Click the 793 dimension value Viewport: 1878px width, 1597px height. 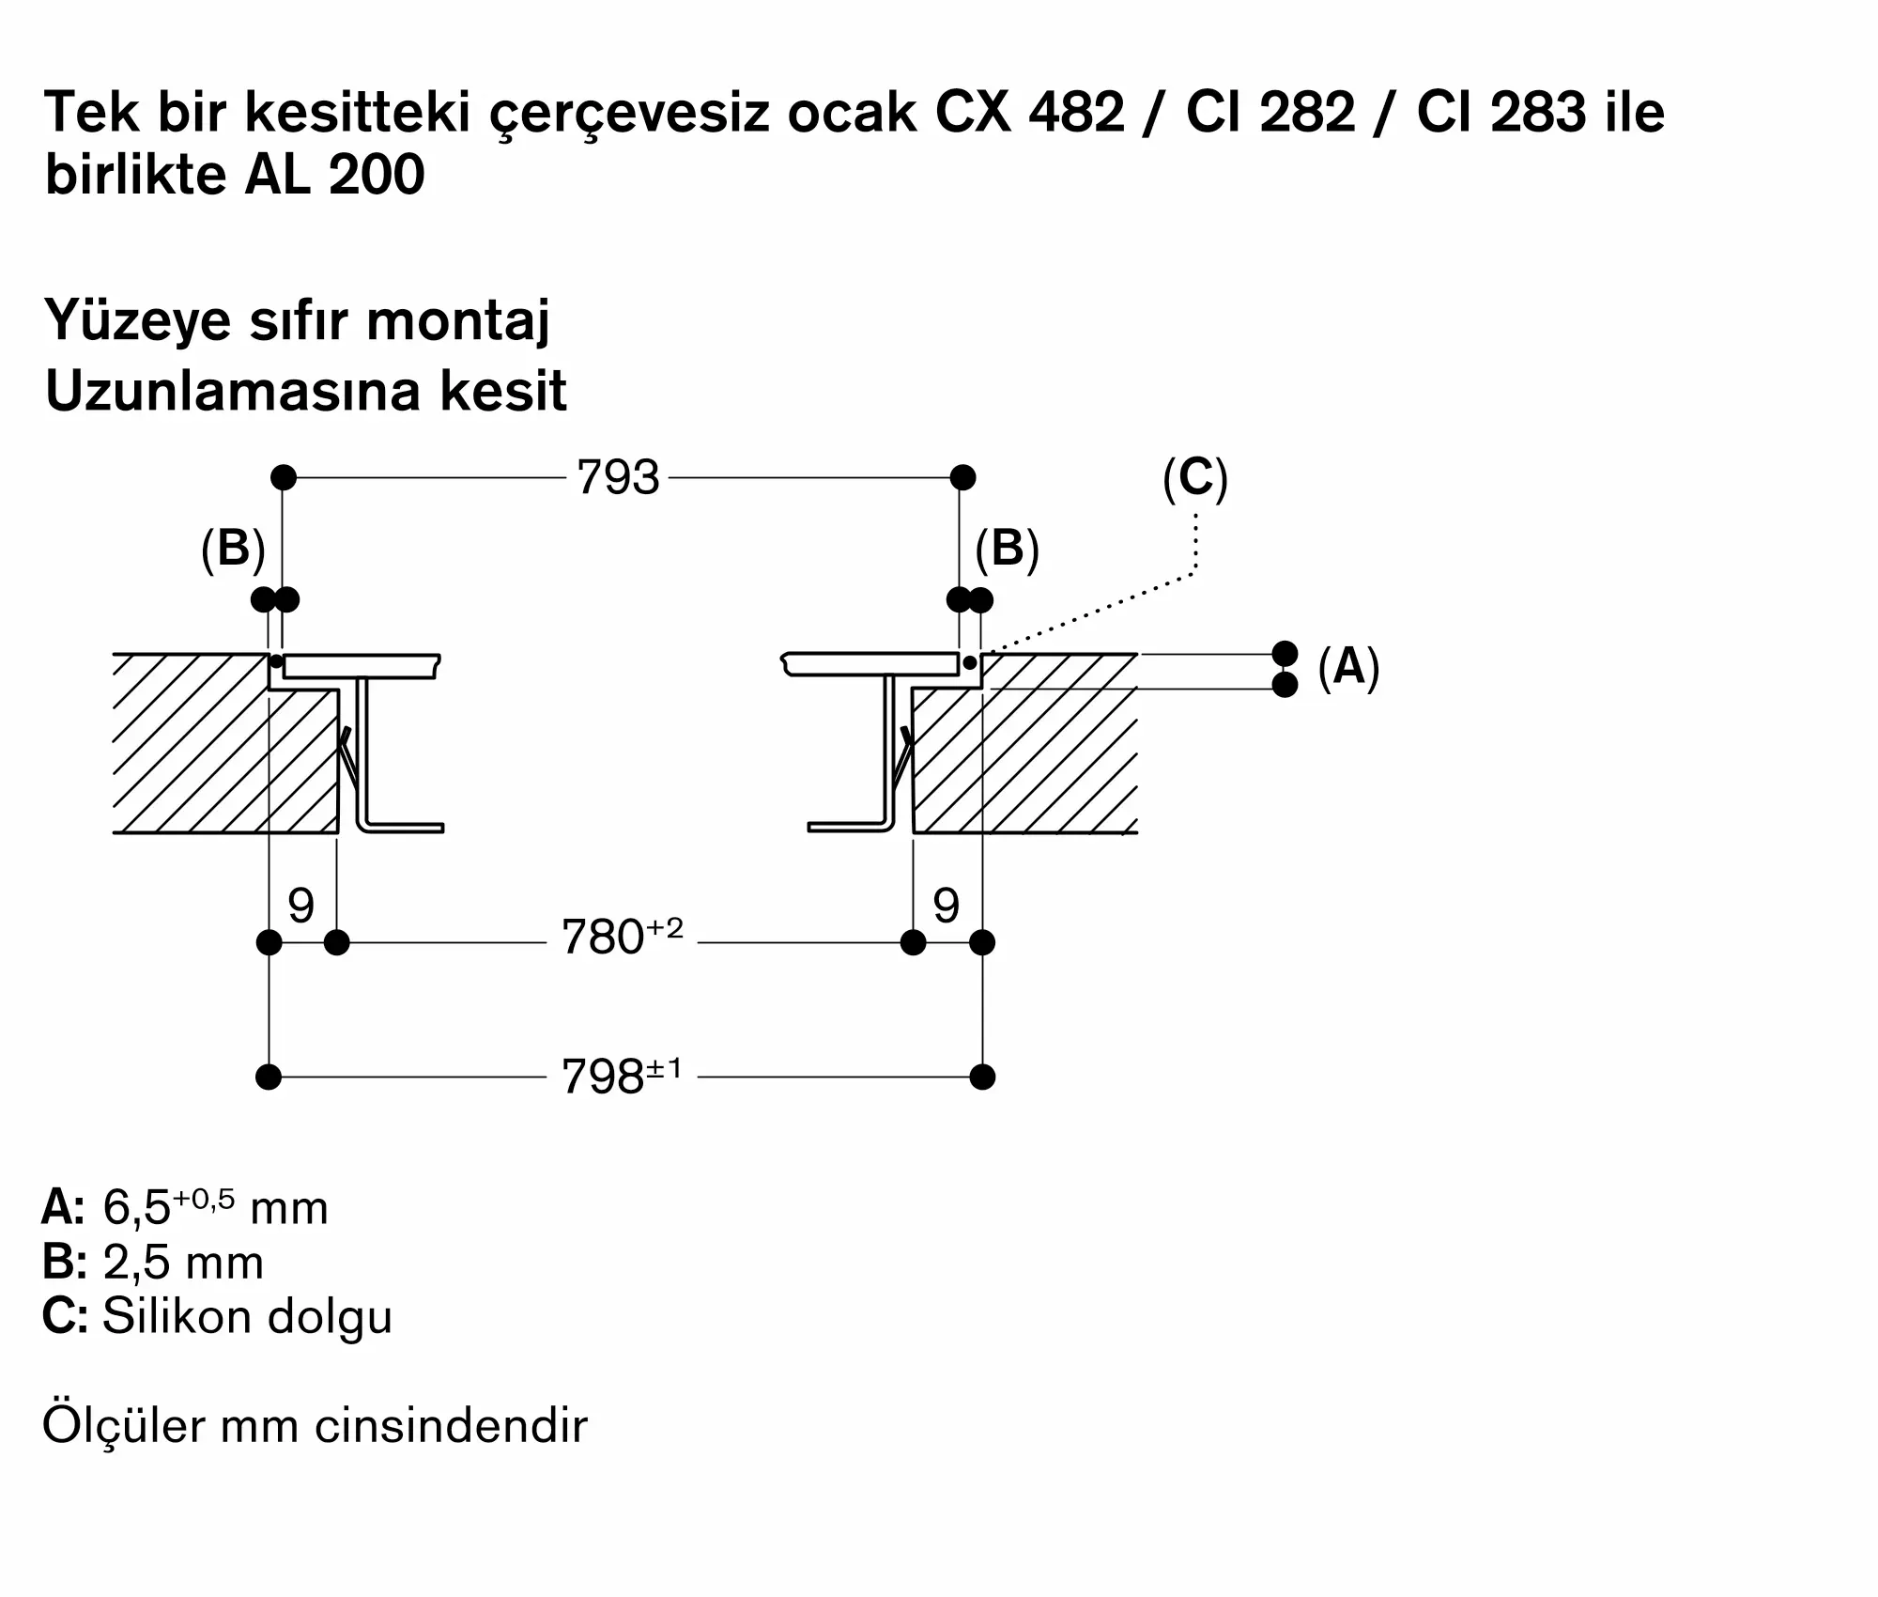click(618, 478)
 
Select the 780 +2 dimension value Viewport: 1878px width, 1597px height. click(622, 937)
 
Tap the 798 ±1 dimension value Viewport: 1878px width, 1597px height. click(622, 1075)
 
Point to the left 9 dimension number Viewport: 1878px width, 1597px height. click(300, 906)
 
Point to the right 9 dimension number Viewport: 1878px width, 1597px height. click(947, 906)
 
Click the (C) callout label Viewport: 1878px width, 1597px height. click(1195, 478)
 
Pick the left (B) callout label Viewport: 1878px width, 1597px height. click(234, 549)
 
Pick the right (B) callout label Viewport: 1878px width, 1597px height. click(1008, 549)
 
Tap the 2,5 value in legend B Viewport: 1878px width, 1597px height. click(137, 1263)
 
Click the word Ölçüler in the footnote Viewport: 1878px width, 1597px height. click(124, 1425)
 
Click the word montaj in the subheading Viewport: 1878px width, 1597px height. click(457, 321)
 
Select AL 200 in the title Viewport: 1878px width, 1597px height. click(334, 175)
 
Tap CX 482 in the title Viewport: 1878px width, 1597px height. click(1029, 113)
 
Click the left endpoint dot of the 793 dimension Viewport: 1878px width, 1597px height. click(284, 477)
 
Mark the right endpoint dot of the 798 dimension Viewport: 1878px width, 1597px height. click(982, 1077)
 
